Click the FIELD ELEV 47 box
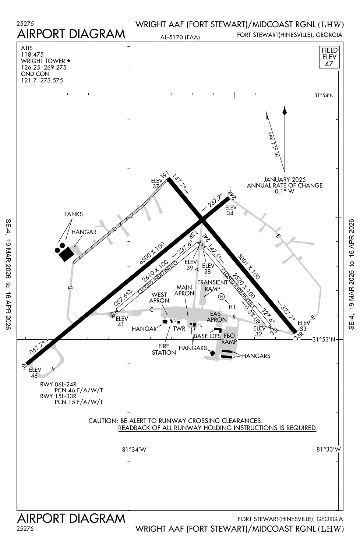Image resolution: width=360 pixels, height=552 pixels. click(329, 57)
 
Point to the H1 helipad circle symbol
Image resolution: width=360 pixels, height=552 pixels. click(221, 297)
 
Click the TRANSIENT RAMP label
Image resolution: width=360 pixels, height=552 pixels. click(212, 286)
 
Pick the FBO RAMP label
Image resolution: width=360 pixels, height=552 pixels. click(229, 339)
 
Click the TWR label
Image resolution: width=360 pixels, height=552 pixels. click(179, 329)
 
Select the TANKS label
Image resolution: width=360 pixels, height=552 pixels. click(73, 214)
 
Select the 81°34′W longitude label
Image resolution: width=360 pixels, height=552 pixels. click(134, 449)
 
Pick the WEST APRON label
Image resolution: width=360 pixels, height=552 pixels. click(159, 297)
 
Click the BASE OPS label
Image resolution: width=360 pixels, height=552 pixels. click(207, 336)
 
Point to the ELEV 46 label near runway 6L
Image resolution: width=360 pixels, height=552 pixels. click(35, 372)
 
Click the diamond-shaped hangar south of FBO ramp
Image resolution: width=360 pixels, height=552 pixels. click(212, 353)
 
